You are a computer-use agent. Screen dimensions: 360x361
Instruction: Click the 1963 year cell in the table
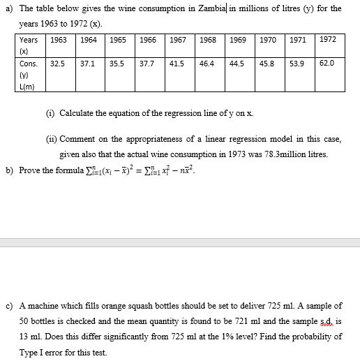(x=58, y=40)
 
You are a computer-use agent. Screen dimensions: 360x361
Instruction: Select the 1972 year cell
(x=327, y=40)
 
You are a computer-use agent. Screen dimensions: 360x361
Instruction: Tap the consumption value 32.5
(x=58, y=63)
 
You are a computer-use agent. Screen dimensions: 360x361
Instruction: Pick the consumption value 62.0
(x=327, y=63)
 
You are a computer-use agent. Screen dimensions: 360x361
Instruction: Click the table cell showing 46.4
(x=207, y=63)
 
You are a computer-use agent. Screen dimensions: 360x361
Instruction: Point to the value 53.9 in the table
(x=297, y=63)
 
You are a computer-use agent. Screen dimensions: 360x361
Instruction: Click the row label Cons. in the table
(x=29, y=63)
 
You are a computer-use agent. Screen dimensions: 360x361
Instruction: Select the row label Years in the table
(x=29, y=40)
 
